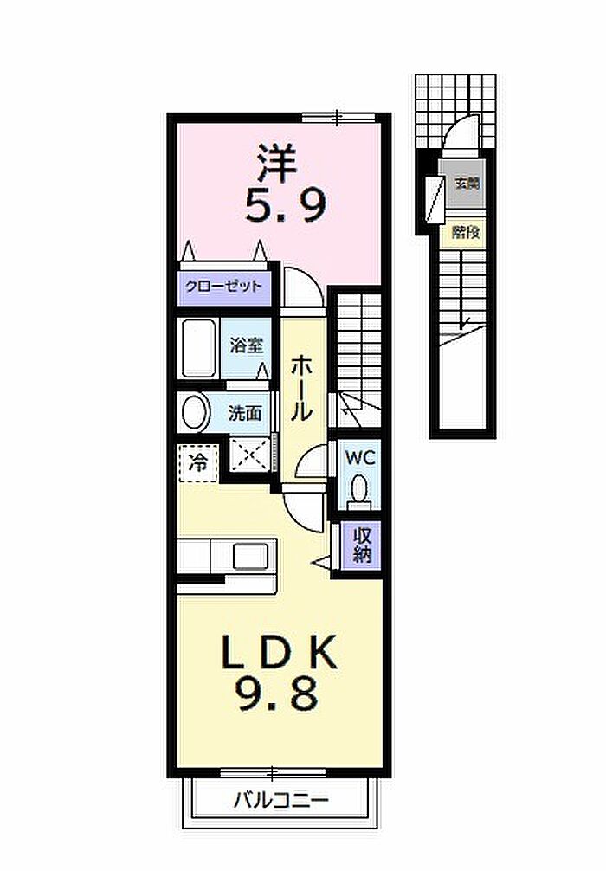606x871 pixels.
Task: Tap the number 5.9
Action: [x=285, y=206]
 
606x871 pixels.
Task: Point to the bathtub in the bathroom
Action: [x=198, y=347]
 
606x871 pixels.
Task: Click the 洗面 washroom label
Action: [x=244, y=412]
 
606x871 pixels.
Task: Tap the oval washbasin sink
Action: [x=195, y=412]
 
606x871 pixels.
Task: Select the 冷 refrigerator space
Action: [x=198, y=461]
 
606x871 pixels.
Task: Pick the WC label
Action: [x=358, y=457]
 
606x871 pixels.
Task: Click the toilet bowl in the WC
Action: [x=358, y=493]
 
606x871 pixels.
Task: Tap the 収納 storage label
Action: [x=361, y=545]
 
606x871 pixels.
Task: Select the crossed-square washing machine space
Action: [x=251, y=454]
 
